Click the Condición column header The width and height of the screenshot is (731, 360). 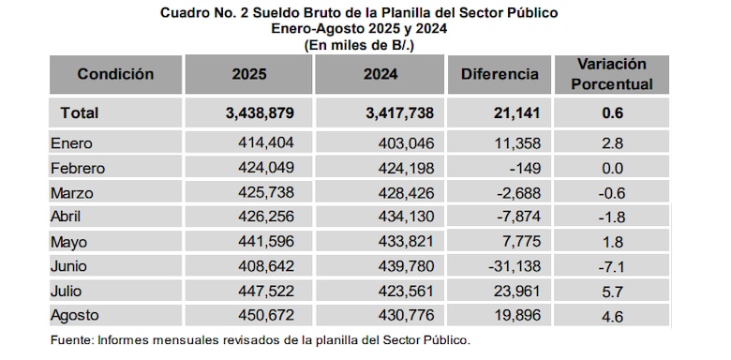point(115,74)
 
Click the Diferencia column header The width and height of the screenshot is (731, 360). point(500,74)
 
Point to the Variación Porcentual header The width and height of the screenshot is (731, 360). point(613,74)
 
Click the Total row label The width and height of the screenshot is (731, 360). point(80,113)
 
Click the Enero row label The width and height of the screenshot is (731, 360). point(75,144)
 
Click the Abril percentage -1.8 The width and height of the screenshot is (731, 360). point(612,217)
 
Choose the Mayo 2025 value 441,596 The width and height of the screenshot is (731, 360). point(266,241)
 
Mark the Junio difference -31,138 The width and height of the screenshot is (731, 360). point(513,266)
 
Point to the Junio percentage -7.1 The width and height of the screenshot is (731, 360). point(612,266)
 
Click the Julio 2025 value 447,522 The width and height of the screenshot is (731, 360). point(266,291)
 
